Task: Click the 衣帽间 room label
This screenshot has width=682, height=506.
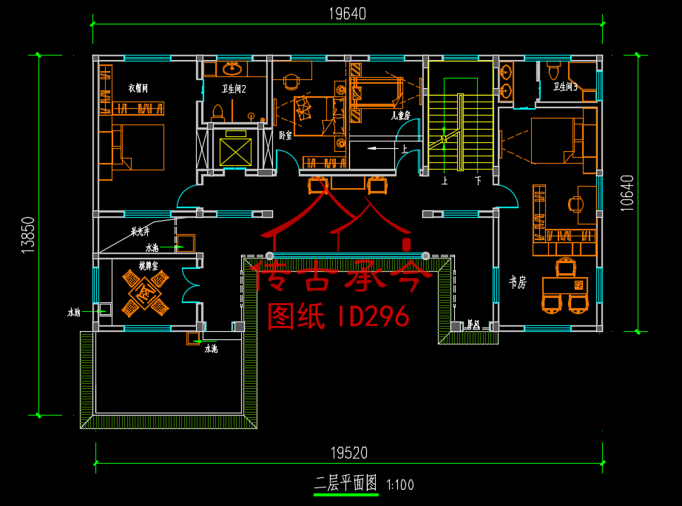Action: [x=138, y=88]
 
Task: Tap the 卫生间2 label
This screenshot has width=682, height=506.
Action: [x=234, y=89]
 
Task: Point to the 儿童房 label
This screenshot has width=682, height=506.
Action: [x=400, y=116]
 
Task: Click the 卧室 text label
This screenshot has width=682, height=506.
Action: [x=286, y=136]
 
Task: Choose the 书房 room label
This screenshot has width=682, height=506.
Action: [x=517, y=282]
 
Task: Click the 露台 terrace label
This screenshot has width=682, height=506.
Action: [x=473, y=324]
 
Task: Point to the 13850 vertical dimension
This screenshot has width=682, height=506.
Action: [x=28, y=236]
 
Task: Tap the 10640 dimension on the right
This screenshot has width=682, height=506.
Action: [x=627, y=193]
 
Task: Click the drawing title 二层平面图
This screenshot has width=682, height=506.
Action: [x=345, y=485]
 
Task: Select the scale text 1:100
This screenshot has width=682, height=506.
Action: [x=400, y=486]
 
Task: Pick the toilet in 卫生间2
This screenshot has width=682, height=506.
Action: [x=217, y=112]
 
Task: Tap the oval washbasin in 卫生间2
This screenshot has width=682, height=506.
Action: [x=232, y=69]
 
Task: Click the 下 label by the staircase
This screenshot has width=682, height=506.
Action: [x=478, y=180]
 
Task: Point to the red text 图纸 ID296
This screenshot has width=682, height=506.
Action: [x=338, y=316]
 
